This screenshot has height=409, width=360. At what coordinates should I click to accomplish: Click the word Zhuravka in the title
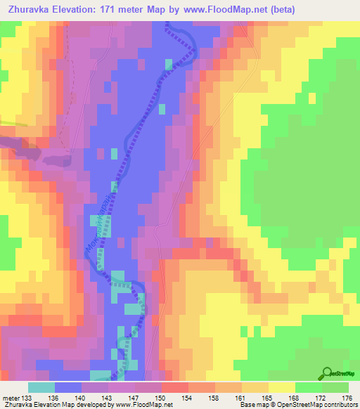click(x=31, y=10)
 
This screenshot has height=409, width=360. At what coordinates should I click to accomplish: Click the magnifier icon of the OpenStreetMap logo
click(x=327, y=373)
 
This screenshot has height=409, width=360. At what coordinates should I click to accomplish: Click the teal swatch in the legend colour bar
click(x=42, y=387)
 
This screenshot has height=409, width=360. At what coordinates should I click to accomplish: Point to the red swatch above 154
click(x=175, y=387)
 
